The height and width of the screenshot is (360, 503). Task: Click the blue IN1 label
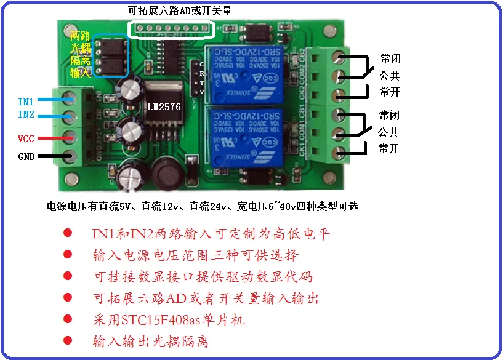click(x=26, y=100)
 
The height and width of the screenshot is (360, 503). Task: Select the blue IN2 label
click(x=26, y=114)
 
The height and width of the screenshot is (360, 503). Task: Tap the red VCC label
click(x=26, y=139)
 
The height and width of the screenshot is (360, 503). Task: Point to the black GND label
click(x=26, y=157)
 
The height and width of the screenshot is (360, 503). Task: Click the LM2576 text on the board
click(x=163, y=106)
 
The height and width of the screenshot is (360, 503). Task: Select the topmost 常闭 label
click(x=390, y=60)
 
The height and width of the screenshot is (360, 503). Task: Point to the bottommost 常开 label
click(x=389, y=148)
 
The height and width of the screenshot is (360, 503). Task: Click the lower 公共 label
click(x=388, y=132)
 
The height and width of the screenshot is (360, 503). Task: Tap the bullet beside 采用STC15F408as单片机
click(x=68, y=319)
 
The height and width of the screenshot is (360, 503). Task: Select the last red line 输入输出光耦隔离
click(x=151, y=340)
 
